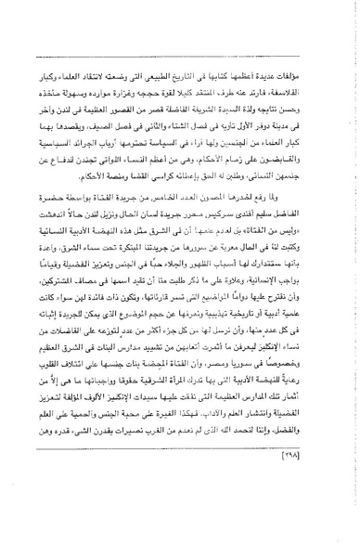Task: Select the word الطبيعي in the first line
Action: coord(180,71)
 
